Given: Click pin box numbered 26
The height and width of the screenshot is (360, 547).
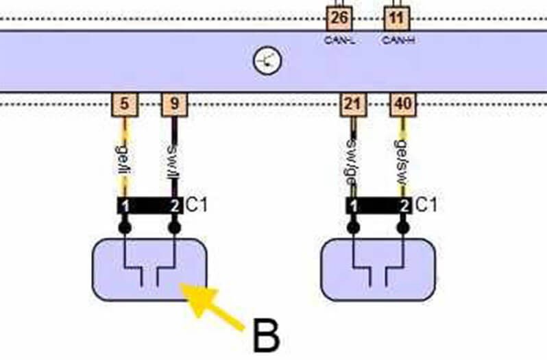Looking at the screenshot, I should [x=338, y=17].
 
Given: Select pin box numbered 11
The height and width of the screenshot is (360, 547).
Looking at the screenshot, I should [x=396, y=17].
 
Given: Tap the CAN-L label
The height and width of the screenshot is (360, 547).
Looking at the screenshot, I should [x=338, y=40].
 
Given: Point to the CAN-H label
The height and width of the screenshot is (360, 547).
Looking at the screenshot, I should [x=398, y=40].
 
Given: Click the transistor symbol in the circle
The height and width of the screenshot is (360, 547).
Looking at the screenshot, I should [x=268, y=62].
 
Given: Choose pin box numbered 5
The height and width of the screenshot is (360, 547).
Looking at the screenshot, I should [x=125, y=104].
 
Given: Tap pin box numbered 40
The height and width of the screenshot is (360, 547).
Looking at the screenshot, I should [x=402, y=104].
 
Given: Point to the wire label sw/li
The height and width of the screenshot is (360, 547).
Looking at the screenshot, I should [x=174, y=159].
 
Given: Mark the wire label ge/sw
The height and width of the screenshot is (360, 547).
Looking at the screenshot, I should [x=402, y=159].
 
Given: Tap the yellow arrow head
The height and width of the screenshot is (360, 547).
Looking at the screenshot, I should [x=192, y=298].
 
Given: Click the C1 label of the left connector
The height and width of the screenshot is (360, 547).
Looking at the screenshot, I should [x=199, y=205].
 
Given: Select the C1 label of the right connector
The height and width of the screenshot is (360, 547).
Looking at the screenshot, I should [x=426, y=205].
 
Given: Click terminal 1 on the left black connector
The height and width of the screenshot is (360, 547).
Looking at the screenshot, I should [x=125, y=206].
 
